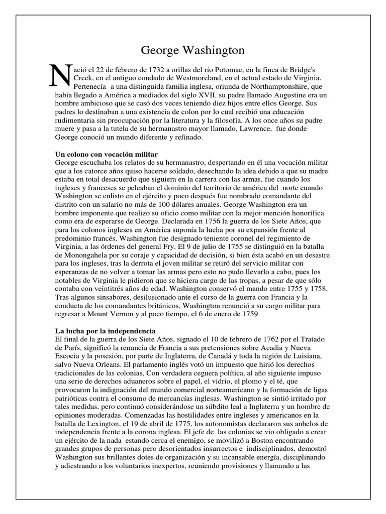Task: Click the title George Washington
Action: click(192, 50)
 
